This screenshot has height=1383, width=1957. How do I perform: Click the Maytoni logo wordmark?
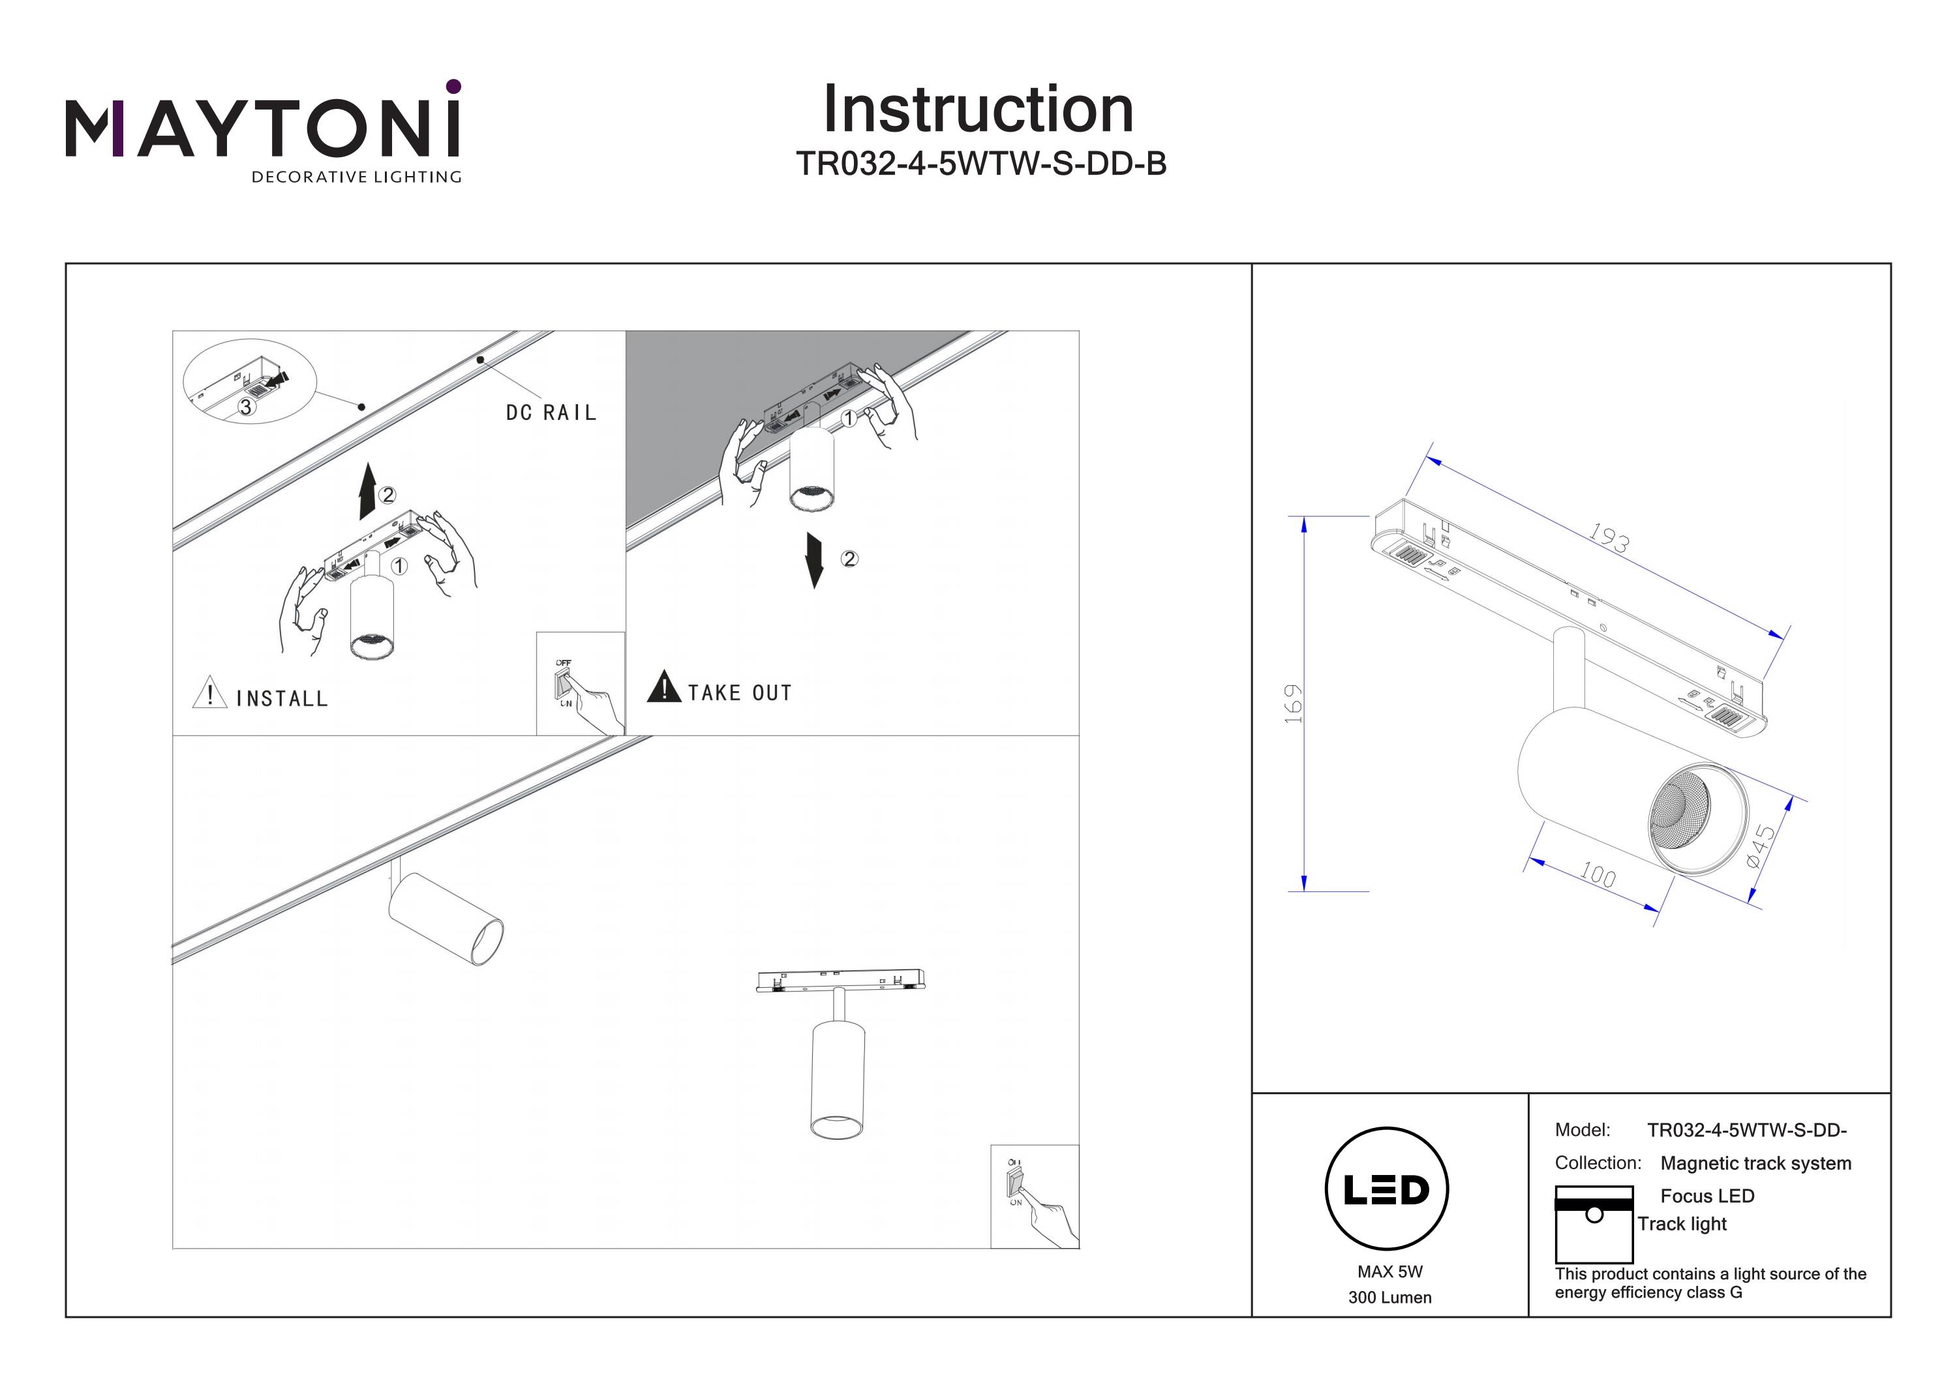[262, 128]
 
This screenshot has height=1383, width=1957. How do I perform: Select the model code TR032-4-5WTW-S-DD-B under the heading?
[980, 164]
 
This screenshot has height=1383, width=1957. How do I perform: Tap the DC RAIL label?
[551, 413]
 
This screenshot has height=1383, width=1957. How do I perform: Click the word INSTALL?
[282, 699]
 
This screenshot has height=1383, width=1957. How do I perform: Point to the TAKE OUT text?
[740, 692]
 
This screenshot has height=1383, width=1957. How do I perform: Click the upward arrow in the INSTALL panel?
[367, 492]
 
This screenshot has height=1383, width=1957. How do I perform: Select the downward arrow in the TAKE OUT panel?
[814, 560]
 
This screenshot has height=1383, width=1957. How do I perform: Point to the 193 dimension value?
[1609, 538]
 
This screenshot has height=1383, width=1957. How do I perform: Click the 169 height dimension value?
[1293, 703]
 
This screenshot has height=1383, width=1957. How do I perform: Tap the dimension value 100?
[1596, 874]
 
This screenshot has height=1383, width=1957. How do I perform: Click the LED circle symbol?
[1387, 1189]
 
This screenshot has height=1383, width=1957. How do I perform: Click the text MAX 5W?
[1389, 1271]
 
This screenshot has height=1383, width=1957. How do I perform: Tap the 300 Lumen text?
[1389, 1298]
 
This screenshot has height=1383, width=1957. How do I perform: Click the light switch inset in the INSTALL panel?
[580, 683]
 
